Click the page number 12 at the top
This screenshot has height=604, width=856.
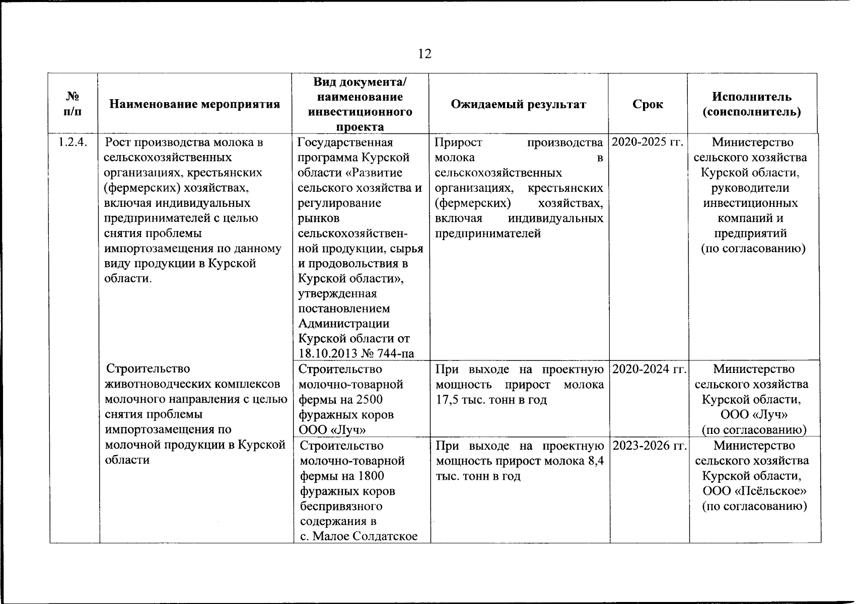point(424,54)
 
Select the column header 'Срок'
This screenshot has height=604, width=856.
point(648,104)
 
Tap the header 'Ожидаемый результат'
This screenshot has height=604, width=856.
point(518,104)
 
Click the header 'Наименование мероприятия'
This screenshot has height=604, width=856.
point(194,104)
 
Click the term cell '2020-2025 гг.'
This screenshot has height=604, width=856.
point(648,142)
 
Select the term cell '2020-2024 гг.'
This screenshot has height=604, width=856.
point(649,369)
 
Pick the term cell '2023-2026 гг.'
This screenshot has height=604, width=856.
point(649,446)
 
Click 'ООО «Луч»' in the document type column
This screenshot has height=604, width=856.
point(332,430)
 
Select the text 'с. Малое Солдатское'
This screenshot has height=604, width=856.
point(359,536)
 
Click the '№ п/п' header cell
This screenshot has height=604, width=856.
point(73,104)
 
